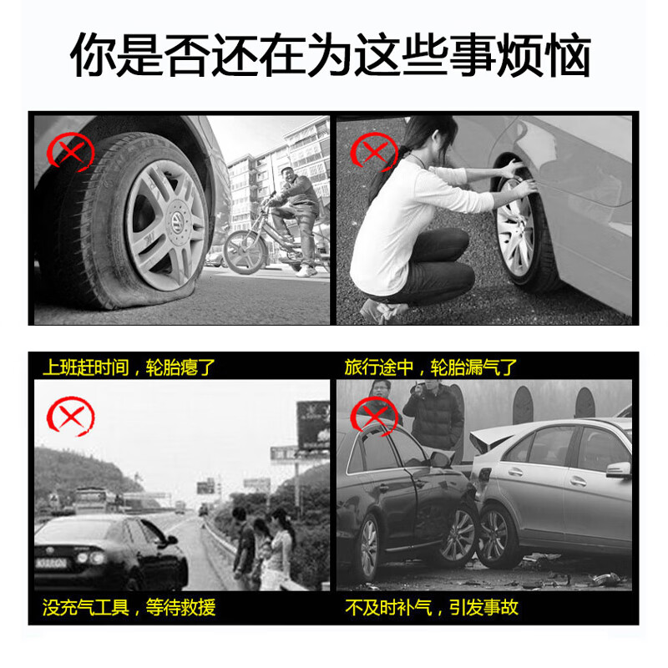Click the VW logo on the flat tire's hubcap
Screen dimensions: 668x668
coord(176,220)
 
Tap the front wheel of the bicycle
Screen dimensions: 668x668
coord(244,252)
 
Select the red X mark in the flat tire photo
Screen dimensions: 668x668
coord(70,152)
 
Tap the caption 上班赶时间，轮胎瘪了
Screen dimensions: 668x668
coord(129,367)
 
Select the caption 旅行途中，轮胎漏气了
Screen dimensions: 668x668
coord(431,367)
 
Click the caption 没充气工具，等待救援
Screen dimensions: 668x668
coord(129,608)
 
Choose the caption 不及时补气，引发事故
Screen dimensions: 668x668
coord(432,608)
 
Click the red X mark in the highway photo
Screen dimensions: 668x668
coord(71,416)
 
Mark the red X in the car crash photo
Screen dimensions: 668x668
coord(373,416)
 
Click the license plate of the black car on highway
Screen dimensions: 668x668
coord(51,563)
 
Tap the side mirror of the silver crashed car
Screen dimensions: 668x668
coord(619,470)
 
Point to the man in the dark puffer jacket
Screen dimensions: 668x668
coord(433,414)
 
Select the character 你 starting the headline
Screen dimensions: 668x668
coord(94,55)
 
